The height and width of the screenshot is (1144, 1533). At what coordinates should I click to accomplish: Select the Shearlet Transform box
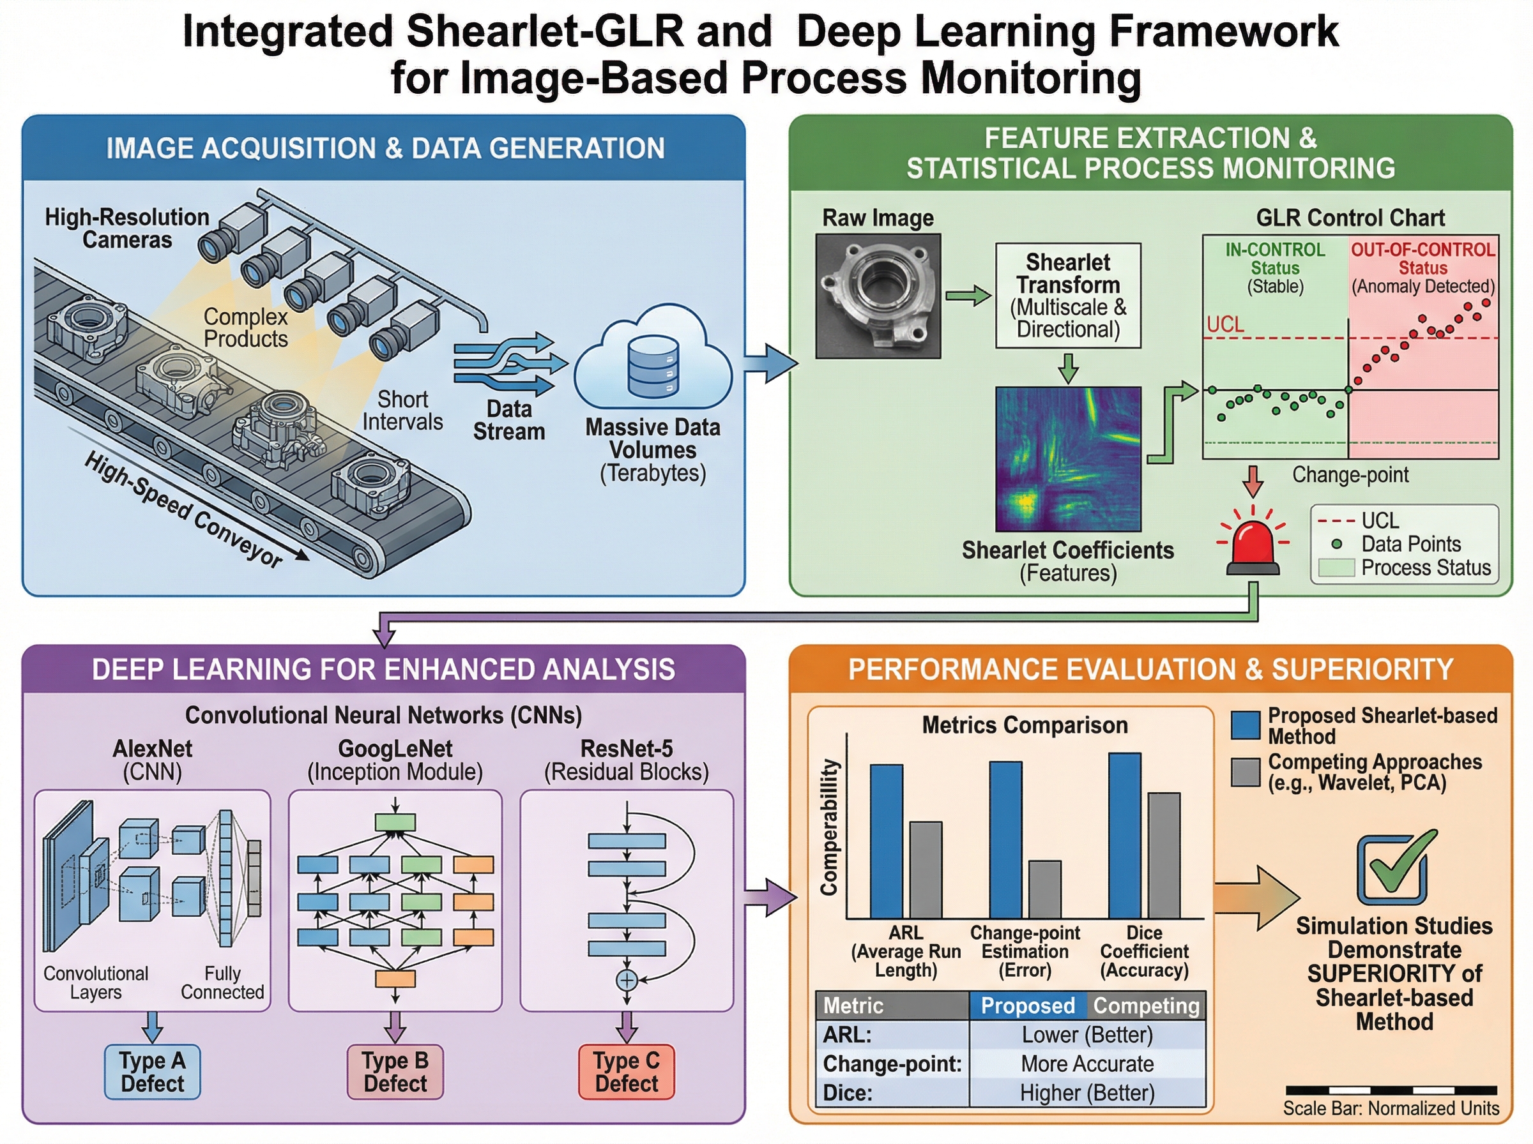1067,296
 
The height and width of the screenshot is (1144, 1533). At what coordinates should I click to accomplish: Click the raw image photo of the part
878,296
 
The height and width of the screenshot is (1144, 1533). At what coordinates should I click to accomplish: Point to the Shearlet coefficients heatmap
1067,458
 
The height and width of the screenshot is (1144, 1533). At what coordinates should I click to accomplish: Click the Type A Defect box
153,1071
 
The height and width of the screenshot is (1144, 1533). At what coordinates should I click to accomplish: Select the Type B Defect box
395,1071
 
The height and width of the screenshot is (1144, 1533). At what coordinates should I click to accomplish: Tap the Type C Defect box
626,1071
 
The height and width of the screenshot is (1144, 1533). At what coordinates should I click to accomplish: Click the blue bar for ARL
886,841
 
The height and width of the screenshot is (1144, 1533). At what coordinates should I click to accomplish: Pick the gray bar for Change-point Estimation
1044,889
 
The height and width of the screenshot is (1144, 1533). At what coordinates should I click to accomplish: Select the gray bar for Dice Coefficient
1164,855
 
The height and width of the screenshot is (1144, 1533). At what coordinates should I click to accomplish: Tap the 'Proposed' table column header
1027,1005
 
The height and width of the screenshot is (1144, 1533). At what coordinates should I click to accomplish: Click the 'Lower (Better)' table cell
1087,1035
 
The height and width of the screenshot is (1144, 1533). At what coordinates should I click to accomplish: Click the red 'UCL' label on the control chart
1224,324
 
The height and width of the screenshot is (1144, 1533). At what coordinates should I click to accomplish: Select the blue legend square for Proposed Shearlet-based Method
1245,725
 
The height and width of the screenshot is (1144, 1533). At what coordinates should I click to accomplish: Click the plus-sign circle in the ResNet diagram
626,980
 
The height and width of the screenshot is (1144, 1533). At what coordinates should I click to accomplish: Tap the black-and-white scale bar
1391,1090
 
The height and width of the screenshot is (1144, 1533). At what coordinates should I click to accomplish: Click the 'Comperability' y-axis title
829,827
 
